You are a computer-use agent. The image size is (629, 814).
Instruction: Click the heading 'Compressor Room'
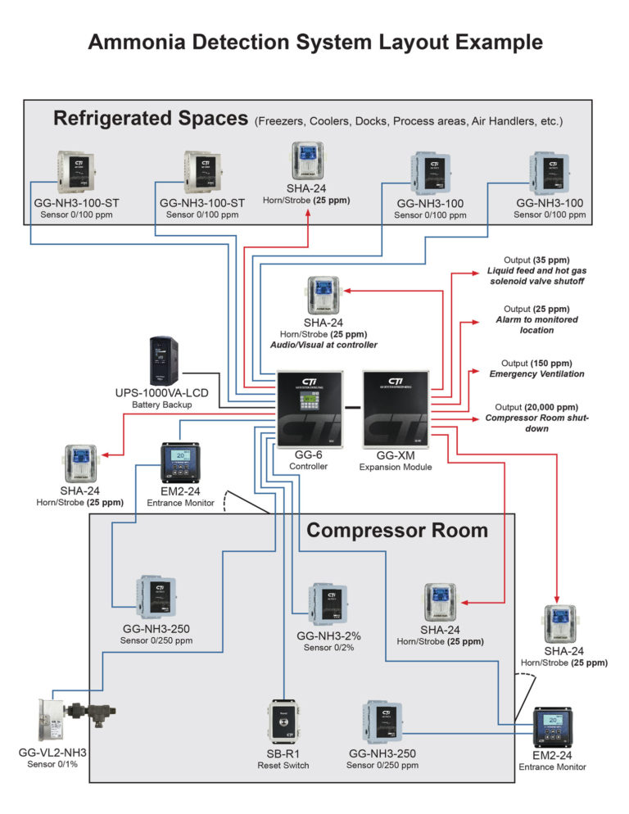[x=396, y=531]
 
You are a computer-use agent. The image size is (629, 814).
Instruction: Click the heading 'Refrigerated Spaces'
[x=150, y=119]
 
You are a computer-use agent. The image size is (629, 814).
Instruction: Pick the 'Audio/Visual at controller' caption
[x=325, y=346]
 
